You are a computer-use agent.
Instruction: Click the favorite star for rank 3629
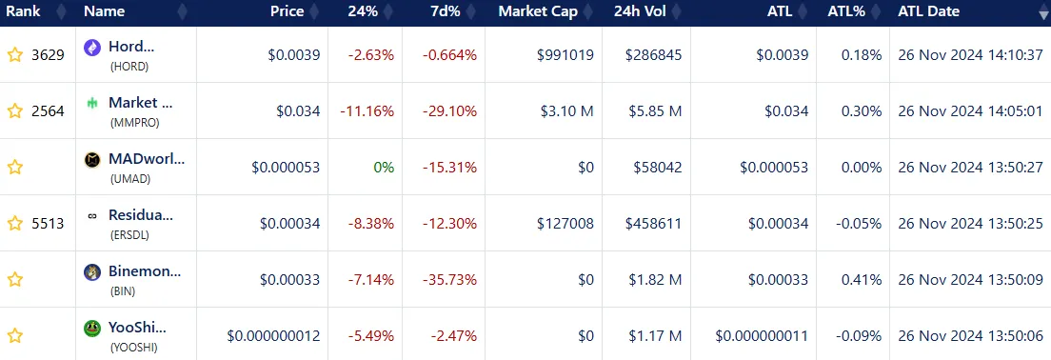click(14, 55)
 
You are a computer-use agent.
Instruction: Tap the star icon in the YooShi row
click(14, 335)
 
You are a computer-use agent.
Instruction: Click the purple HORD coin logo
click(92, 47)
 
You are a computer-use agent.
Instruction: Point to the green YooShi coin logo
click(92, 328)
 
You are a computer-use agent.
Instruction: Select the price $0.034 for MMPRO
click(298, 111)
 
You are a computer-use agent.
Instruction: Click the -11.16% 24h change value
click(367, 111)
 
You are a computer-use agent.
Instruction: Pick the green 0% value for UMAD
click(384, 168)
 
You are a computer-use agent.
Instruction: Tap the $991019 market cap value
click(565, 55)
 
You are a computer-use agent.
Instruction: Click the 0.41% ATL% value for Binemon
click(862, 280)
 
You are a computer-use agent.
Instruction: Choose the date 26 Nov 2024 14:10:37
click(970, 55)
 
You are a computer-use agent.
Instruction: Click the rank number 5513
click(48, 224)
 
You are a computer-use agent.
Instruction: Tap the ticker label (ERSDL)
click(129, 235)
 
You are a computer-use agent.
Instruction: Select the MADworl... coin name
click(147, 158)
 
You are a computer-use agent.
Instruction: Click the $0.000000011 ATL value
click(762, 335)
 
